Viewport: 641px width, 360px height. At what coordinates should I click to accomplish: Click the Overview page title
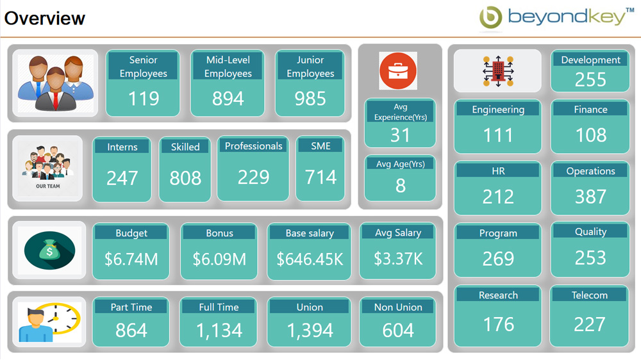45,18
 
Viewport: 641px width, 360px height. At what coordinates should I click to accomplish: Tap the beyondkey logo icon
490,18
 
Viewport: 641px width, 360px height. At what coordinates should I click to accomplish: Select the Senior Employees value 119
143,99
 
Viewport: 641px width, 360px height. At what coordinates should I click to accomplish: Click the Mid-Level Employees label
228,67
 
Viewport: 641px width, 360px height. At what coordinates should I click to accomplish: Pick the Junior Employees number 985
310,99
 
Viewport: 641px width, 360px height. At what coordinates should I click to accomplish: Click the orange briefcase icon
398,70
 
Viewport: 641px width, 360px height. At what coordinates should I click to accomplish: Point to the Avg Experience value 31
400,135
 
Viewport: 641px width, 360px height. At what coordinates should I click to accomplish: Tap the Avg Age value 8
400,186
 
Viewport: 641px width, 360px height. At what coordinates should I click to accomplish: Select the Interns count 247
122,177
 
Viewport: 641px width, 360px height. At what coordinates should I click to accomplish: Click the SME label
320,146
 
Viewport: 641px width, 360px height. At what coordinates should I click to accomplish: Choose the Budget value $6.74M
131,259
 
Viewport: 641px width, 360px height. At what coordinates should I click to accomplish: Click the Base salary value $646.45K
309,259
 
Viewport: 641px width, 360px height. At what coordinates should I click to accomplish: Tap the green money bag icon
49,251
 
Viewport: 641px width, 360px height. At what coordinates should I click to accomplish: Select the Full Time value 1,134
219,331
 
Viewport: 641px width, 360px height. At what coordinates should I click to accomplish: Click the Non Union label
397,307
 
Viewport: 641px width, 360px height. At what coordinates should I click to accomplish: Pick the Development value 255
590,80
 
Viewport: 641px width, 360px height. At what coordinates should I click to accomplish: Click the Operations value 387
590,197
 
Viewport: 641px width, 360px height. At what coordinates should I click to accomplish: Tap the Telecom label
589,295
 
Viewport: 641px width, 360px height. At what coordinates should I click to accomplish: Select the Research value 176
498,325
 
